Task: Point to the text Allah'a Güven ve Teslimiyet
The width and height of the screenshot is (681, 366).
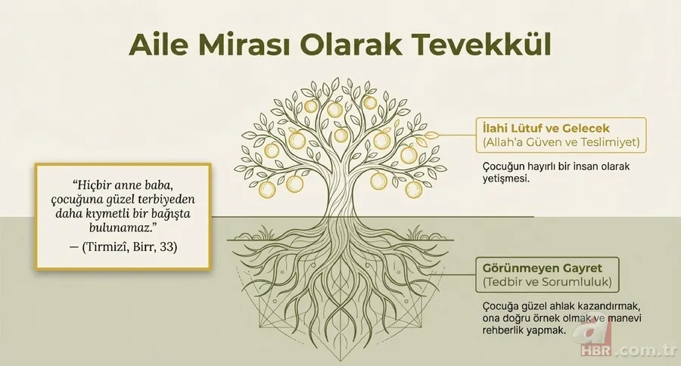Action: (558, 141)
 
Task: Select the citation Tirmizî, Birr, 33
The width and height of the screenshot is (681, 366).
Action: (123, 247)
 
